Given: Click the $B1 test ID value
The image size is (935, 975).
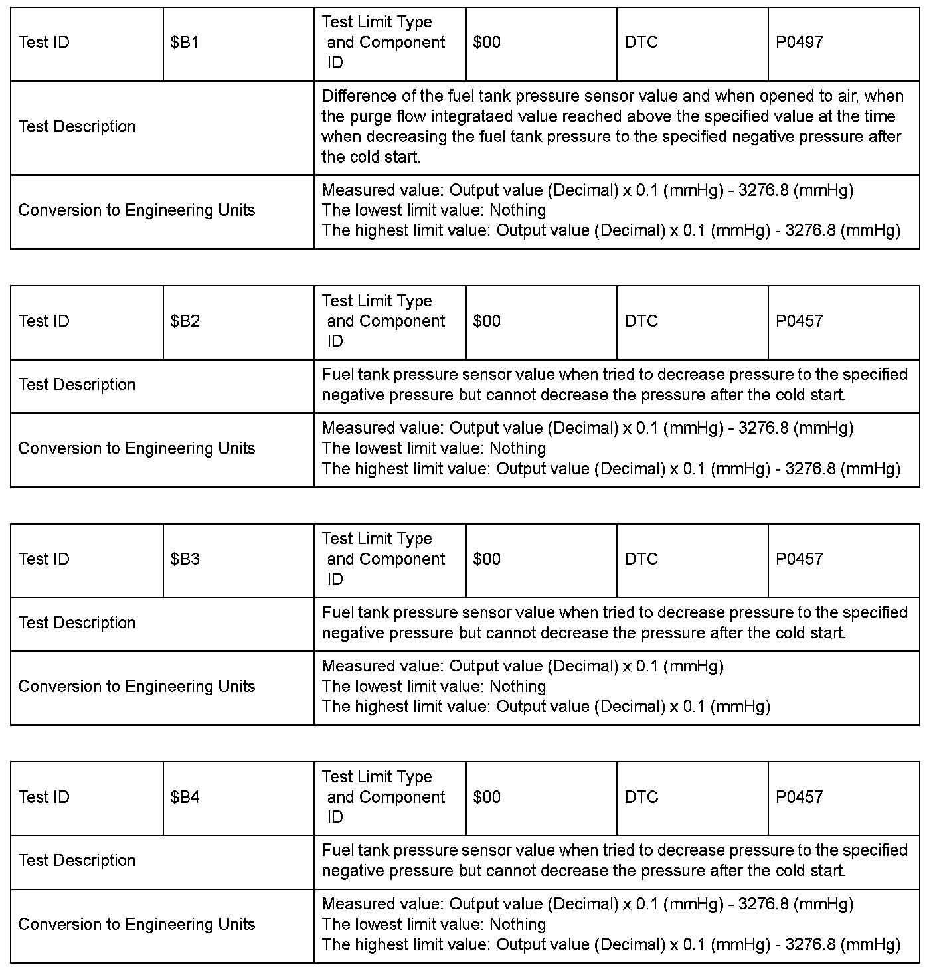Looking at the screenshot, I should click(x=185, y=43).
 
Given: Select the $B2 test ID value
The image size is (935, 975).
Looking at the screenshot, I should click(x=185, y=321).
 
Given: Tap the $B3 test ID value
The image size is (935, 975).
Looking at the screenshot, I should click(x=185, y=559).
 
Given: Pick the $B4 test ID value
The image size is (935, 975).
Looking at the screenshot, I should click(x=185, y=797).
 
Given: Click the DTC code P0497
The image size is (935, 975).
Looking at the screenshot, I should click(x=799, y=43).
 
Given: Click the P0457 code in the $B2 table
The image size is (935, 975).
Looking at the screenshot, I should click(x=799, y=321).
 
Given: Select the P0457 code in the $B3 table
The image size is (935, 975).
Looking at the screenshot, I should click(x=799, y=559).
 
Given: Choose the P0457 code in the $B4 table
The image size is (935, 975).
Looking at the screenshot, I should click(x=799, y=797).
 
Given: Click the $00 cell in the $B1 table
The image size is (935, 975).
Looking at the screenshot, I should click(x=487, y=43).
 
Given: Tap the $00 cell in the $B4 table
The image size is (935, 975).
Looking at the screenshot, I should click(x=487, y=797).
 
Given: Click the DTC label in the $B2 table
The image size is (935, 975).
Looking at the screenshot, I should click(x=641, y=321).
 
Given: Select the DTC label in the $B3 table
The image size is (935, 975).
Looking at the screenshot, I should click(x=641, y=559).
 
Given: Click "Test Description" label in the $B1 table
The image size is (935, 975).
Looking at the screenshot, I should click(x=77, y=127).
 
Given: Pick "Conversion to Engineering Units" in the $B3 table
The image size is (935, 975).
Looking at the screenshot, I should click(x=137, y=687).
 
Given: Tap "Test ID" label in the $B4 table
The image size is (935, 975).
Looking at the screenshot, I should click(x=44, y=797).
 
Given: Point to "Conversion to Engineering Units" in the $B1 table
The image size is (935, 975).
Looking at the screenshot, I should click(x=137, y=211).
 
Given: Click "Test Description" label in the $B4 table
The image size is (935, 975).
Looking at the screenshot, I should click(x=77, y=861).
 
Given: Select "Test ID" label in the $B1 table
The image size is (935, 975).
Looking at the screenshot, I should click(x=44, y=43).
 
